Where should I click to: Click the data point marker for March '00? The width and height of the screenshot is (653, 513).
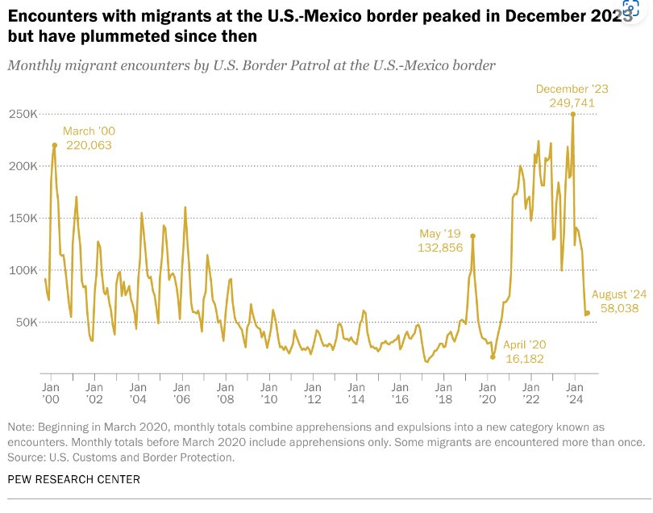[x=55, y=145]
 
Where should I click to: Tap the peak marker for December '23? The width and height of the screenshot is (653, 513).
[x=572, y=114]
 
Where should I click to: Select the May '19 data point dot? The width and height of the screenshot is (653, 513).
[x=472, y=236]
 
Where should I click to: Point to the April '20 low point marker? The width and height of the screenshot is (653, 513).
[x=493, y=357]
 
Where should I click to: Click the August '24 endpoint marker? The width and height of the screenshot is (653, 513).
[x=588, y=313]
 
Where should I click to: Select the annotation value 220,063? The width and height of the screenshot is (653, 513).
[x=88, y=145]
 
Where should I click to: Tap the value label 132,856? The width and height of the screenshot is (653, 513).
[x=440, y=248]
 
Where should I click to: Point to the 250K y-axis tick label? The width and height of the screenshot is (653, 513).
[x=24, y=114]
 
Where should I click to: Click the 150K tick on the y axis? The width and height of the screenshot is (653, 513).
[x=24, y=218]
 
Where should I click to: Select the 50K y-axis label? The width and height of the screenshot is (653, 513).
[x=27, y=322]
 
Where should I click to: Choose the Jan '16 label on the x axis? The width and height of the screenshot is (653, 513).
[x=401, y=393]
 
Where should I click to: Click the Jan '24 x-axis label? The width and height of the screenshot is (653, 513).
[x=574, y=393]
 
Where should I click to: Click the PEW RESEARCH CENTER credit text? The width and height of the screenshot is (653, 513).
[x=73, y=479]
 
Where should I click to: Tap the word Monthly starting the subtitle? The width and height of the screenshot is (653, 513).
[x=32, y=65]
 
